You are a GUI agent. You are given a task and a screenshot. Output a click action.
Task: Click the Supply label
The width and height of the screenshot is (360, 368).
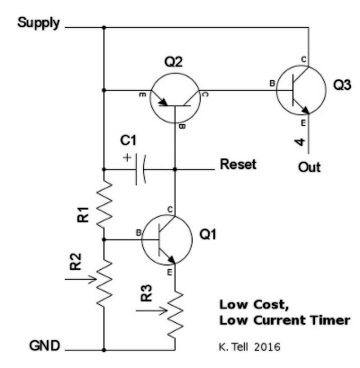pyautogui.click(x=39, y=23)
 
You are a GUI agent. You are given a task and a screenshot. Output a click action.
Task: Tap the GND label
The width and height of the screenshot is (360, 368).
pyautogui.click(x=44, y=346)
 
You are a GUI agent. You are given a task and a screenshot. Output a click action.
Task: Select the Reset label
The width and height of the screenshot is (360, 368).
pyautogui.click(x=238, y=165)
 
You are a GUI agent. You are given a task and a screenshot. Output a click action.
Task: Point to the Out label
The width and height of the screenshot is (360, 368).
pyautogui.click(x=309, y=167)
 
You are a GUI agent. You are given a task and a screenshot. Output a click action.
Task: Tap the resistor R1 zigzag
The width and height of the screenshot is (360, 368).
pyautogui.click(x=104, y=203)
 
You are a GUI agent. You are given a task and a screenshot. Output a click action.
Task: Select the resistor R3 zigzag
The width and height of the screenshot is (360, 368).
pyautogui.click(x=175, y=314)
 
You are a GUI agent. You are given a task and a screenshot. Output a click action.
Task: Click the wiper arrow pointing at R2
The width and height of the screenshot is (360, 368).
pyautogui.click(x=81, y=280)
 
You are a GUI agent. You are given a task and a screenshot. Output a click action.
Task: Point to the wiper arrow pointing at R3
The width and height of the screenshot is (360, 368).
pyautogui.click(x=151, y=310)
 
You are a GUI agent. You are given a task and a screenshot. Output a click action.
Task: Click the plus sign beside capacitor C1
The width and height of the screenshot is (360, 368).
pyautogui.click(x=128, y=157)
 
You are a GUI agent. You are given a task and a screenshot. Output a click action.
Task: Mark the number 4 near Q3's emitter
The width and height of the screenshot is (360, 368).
pyautogui.click(x=300, y=142)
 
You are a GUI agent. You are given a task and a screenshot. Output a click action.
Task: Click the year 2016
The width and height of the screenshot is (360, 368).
pyautogui.click(x=267, y=347)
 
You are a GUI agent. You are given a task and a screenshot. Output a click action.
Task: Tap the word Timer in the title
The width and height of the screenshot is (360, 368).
pyautogui.click(x=330, y=320)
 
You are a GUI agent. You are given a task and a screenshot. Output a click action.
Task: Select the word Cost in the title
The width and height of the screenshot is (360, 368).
pyautogui.click(x=271, y=305)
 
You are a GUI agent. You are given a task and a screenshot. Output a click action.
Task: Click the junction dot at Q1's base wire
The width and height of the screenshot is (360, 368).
pyautogui.click(x=103, y=239)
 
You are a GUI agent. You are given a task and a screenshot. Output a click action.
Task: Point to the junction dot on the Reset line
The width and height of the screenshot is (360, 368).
pyautogui.click(x=175, y=169)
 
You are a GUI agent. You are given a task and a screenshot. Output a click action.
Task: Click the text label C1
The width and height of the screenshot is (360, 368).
pyautogui.click(x=129, y=140)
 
